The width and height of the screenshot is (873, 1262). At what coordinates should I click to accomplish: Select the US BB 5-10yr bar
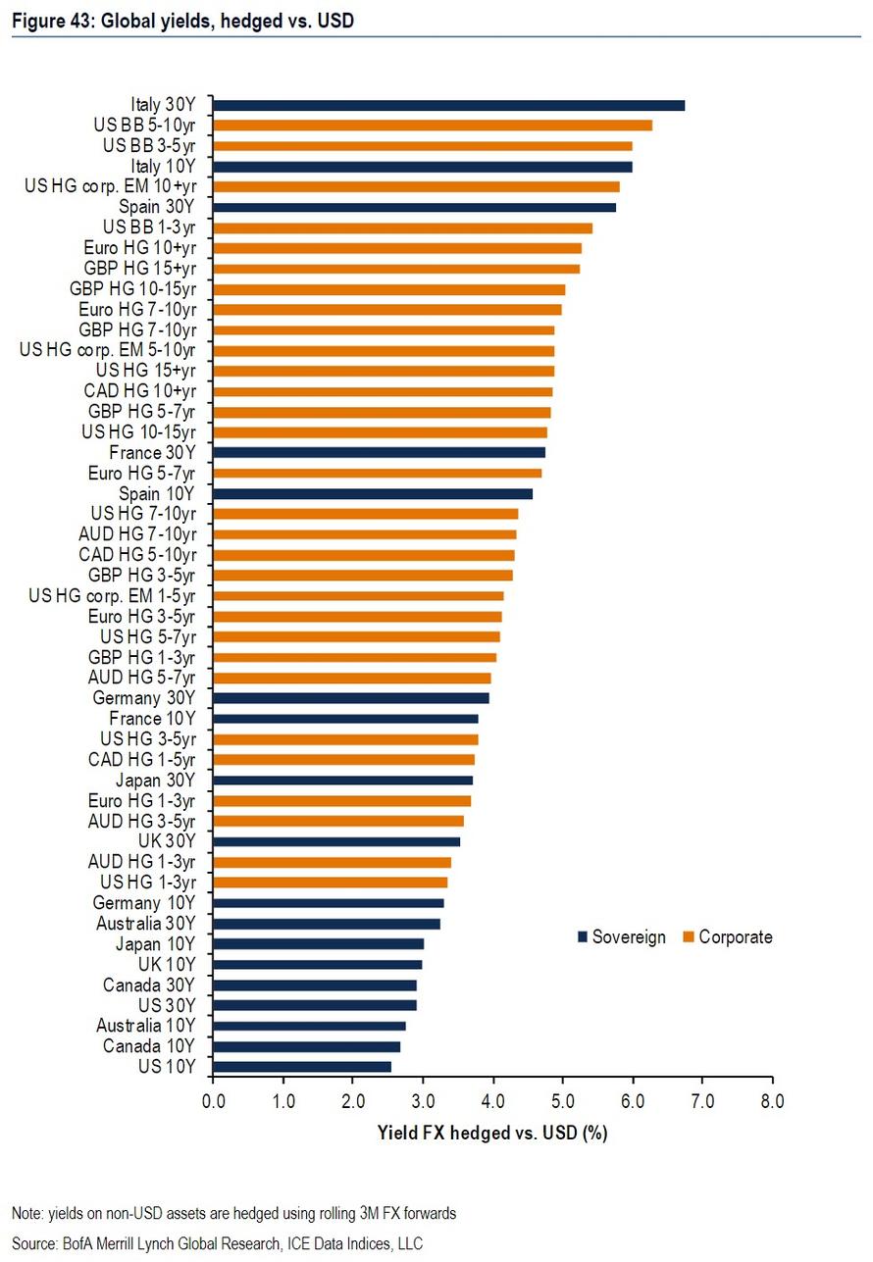coord(433,125)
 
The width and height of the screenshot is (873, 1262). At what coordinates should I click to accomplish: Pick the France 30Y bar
coord(379,452)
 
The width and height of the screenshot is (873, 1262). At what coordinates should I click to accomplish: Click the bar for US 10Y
coord(302,1066)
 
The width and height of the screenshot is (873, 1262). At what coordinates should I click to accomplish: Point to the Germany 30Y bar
coord(350,698)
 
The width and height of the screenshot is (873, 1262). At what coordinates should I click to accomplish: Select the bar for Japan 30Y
coord(342,780)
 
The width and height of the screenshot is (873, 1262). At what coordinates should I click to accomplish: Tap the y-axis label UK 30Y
coord(168,841)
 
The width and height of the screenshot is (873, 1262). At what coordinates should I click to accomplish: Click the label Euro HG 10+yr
coord(139,247)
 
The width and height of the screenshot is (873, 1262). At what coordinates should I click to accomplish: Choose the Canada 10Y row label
coord(149,1046)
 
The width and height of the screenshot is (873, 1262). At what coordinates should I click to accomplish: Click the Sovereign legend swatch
coord(582,937)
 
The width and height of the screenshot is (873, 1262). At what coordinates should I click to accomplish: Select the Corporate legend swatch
coord(690,937)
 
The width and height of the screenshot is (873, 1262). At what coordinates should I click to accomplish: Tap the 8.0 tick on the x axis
coord(772,1101)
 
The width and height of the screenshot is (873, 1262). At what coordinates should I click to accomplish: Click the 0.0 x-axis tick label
coord(212,1101)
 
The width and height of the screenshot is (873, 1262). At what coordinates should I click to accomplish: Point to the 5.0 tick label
coord(562,1101)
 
